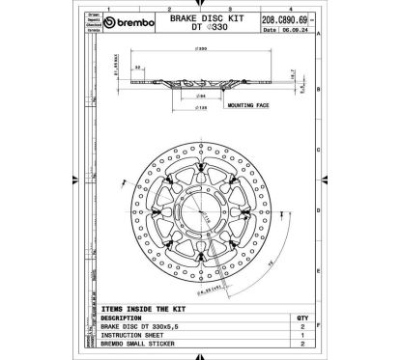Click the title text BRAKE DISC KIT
[198, 17]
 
